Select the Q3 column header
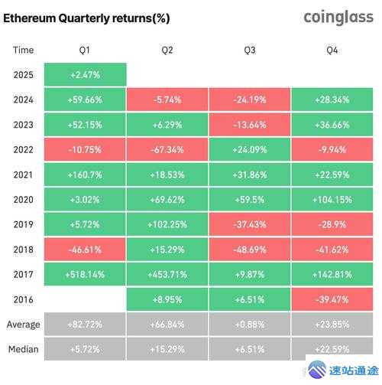click(x=250, y=50)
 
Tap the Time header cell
click(x=23, y=50)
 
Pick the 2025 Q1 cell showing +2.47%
click(x=85, y=74)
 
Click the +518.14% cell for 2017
click(x=85, y=274)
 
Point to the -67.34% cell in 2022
click(x=167, y=149)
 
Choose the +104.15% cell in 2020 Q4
click(x=332, y=199)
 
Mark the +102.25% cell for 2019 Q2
click(x=167, y=224)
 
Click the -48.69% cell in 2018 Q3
click(x=250, y=250)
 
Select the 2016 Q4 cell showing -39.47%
click(x=332, y=299)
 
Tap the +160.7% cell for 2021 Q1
click(x=85, y=175)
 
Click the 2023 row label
click(x=23, y=124)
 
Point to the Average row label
click(x=23, y=325)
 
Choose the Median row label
click(x=23, y=349)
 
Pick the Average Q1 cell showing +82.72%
click(x=85, y=325)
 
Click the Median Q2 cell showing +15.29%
click(x=167, y=349)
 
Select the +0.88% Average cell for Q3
click(x=250, y=325)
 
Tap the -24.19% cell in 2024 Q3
click(x=250, y=100)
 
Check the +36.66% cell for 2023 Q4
click(x=332, y=124)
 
